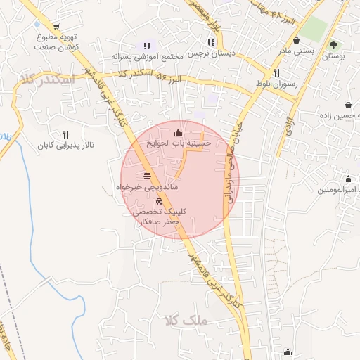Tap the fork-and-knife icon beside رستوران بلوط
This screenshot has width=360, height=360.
point(276,72)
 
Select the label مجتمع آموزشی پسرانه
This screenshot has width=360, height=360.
point(147,56)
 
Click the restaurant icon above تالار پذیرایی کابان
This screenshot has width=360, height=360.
point(65,134)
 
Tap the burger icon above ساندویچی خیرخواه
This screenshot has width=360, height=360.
point(146,176)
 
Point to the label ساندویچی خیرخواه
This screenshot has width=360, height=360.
point(146,188)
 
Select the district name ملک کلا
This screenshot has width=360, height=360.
point(186,321)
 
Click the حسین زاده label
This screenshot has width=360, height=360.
point(340,114)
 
